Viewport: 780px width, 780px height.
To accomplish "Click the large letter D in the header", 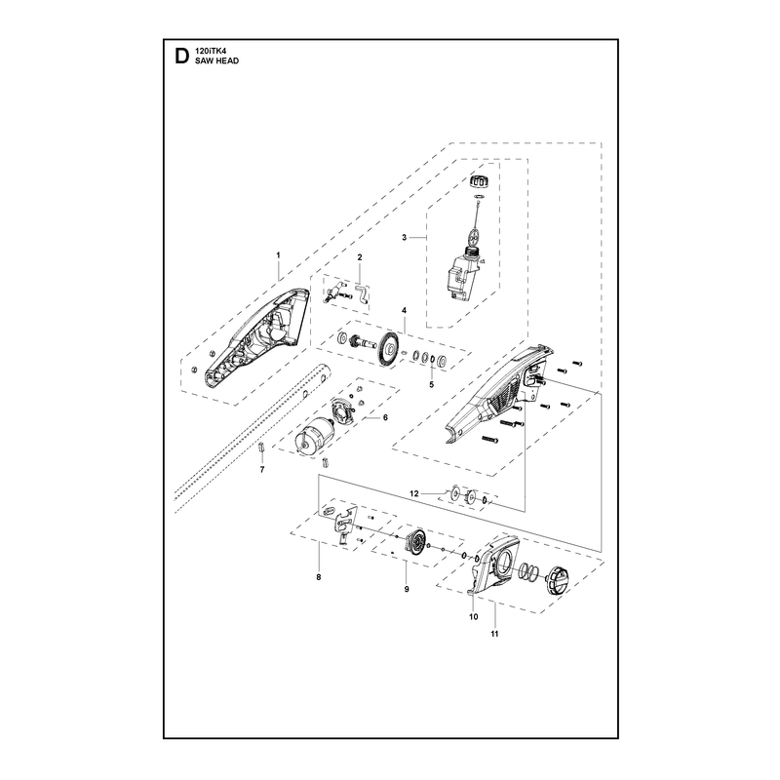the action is coord(182,57).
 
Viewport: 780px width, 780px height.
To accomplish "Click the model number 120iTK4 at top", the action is coord(210,51).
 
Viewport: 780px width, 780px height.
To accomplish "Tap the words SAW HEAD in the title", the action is coord(216,60).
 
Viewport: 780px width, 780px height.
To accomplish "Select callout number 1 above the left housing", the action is coord(278,255).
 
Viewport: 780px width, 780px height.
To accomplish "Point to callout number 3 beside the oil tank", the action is coord(404,237).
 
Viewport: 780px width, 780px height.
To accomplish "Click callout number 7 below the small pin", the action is coord(262,469).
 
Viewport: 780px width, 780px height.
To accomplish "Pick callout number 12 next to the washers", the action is coord(414,493).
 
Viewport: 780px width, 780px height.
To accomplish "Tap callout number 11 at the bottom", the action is coord(494,634).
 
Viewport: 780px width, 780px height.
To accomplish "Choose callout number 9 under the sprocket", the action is coord(407,589).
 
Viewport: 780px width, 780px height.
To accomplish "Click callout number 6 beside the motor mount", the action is coord(385,417).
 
